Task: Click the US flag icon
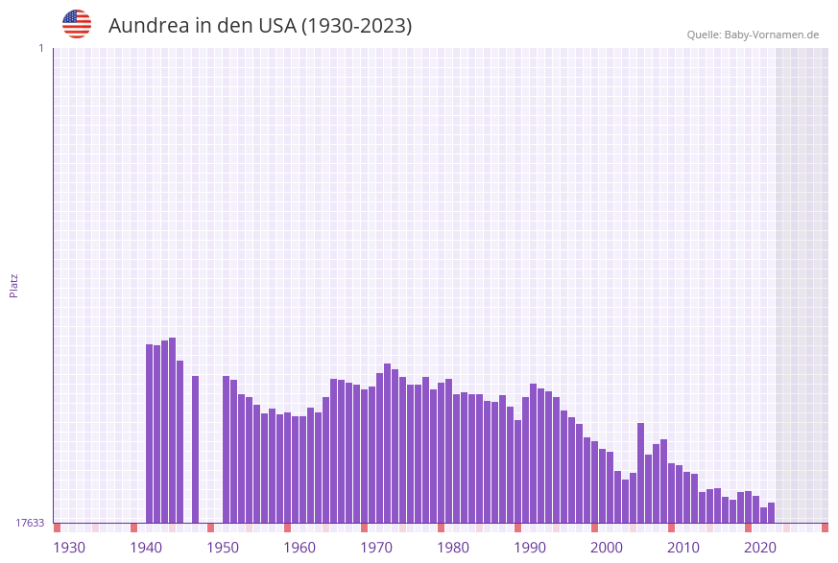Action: pos(77,24)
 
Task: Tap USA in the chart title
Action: pos(277,26)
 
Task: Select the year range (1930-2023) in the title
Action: pos(356,26)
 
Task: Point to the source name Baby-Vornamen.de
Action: pos(772,35)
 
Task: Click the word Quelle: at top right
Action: pos(704,35)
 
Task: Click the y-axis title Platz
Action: pos(13,285)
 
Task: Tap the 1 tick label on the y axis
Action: pos(40,48)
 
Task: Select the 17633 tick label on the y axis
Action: pos(30,523)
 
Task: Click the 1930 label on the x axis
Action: pos(69,548)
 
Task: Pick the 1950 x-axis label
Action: pos(223,548)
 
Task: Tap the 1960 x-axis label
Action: pos(299,548)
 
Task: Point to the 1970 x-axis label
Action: pos(376,548)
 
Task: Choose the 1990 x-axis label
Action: pos(530,548)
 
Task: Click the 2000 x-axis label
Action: pos(607,548)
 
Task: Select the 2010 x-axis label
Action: pos(683,548)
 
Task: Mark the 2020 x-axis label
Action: pos(760,548)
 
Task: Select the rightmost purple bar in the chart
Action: pos(771,512)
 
